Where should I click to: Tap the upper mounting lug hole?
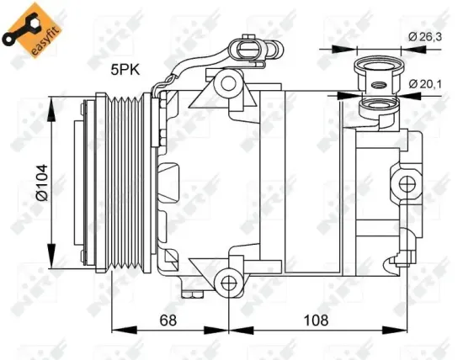click(226, 82)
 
